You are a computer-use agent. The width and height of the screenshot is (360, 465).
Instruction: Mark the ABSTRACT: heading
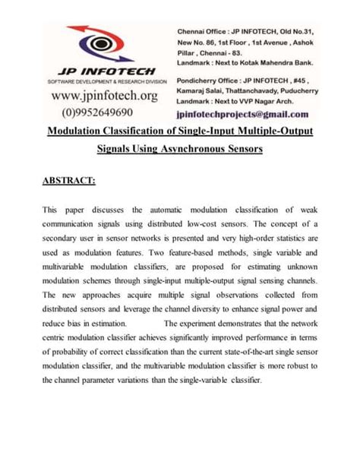[69, 181]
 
